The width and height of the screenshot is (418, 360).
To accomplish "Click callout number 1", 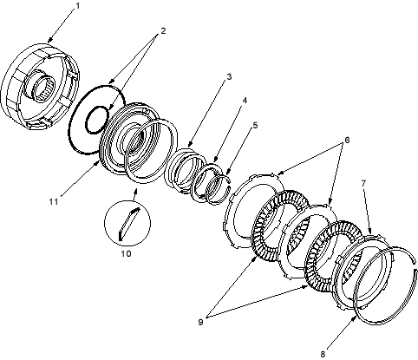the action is click(x=77, y=6).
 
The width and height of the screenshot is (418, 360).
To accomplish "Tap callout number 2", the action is click(x=163, y=30).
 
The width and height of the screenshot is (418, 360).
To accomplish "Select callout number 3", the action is click(x=229, y=77).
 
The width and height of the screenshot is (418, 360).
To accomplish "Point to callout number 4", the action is click(x=245, y=101).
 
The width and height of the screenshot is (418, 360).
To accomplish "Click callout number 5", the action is click(x=255, y=125).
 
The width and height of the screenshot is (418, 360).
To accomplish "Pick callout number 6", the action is click(x=347, y=140).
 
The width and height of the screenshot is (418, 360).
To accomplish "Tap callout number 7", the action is click(x=363, y=183).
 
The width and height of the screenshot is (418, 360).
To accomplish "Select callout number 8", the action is click(x=323, y=354).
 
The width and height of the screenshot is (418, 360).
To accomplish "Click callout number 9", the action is click(x=200, y=322).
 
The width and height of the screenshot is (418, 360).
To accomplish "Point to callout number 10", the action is click(x=126, y=253).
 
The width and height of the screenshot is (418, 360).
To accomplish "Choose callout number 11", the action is click(x=54, y=201).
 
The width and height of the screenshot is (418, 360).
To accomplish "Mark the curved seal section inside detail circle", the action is click(x=128, y=223).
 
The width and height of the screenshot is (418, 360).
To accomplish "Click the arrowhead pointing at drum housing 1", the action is click(x=50, y=40).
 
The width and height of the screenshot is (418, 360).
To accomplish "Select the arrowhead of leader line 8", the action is click(x=355, y=318).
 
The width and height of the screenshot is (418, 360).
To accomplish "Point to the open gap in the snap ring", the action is click(x=415, y=265).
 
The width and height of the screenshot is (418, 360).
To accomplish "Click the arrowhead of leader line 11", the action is click(x=97, y=164).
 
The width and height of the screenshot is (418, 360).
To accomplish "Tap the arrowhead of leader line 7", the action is click(x=370, y=231).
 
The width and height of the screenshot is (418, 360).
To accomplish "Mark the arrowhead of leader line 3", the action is click(x=190, y=144).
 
